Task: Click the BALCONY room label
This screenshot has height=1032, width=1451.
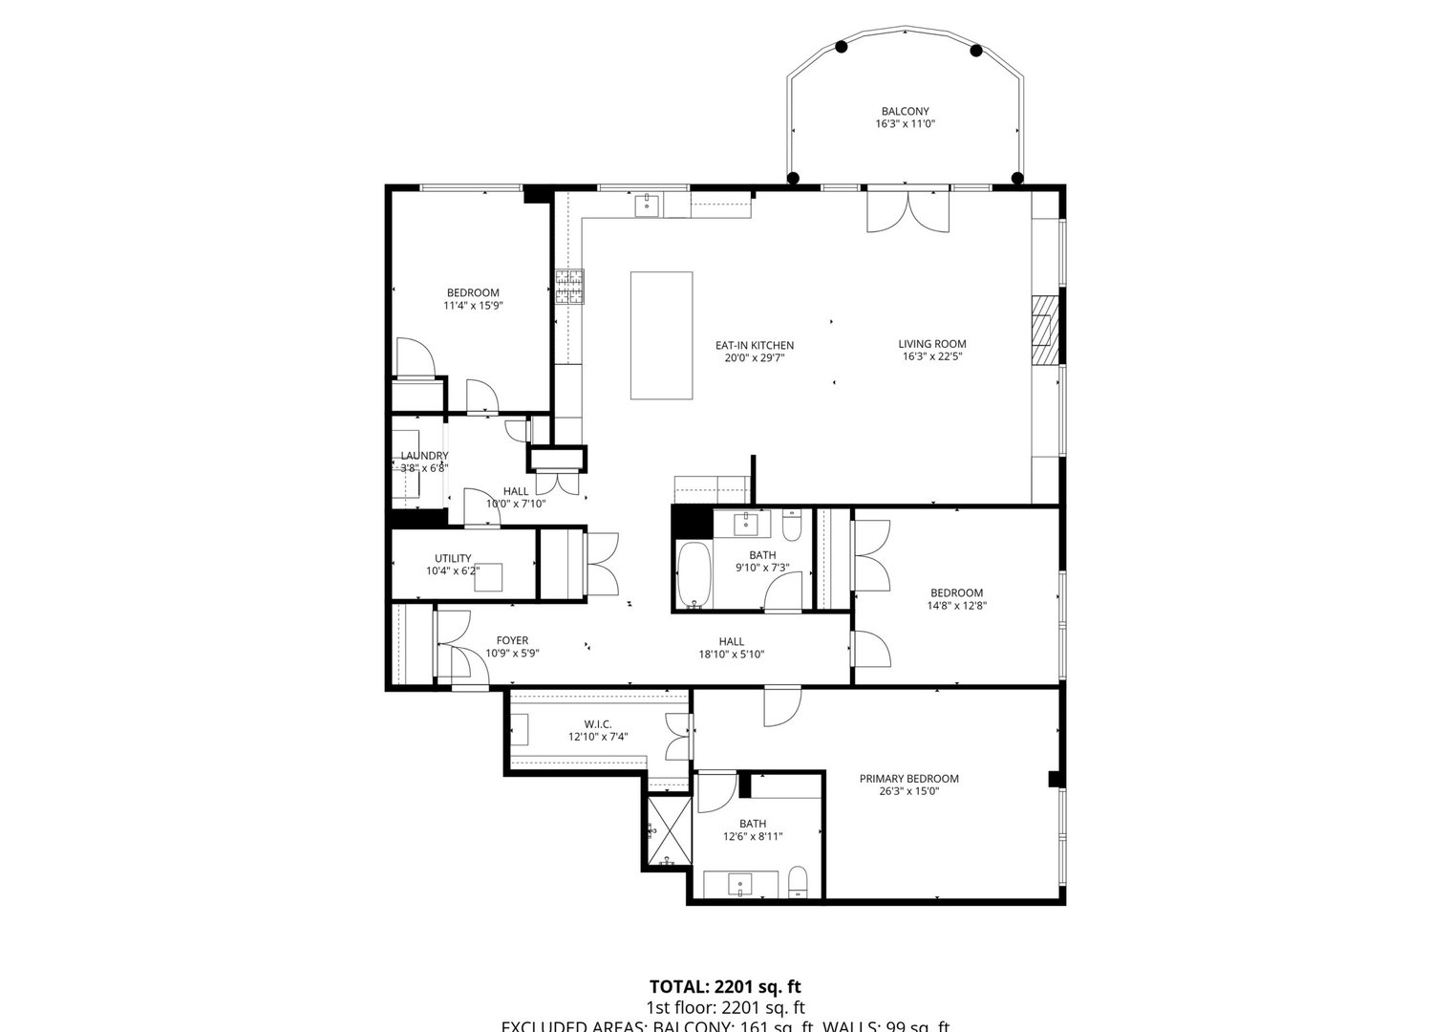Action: pos(905,111)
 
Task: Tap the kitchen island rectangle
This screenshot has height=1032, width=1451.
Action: pos(661,335)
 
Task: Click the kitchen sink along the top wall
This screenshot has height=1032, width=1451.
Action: pos(647,204)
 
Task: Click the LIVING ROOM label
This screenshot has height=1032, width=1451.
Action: pos(931,344)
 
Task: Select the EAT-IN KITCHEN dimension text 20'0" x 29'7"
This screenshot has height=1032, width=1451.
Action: pos(755,358)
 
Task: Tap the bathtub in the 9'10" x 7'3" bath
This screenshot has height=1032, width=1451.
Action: pos(693,574)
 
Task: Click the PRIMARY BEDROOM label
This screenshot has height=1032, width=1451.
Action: pos(907,778)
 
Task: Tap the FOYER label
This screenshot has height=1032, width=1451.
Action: pos(512,640)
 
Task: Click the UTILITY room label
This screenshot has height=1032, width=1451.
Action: pos(453,558)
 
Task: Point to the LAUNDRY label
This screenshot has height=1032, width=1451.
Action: pos(424,456)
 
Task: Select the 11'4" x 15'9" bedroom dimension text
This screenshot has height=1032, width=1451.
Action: pos(473,306)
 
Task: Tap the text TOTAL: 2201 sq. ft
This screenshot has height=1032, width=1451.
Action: pos(724,986)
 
